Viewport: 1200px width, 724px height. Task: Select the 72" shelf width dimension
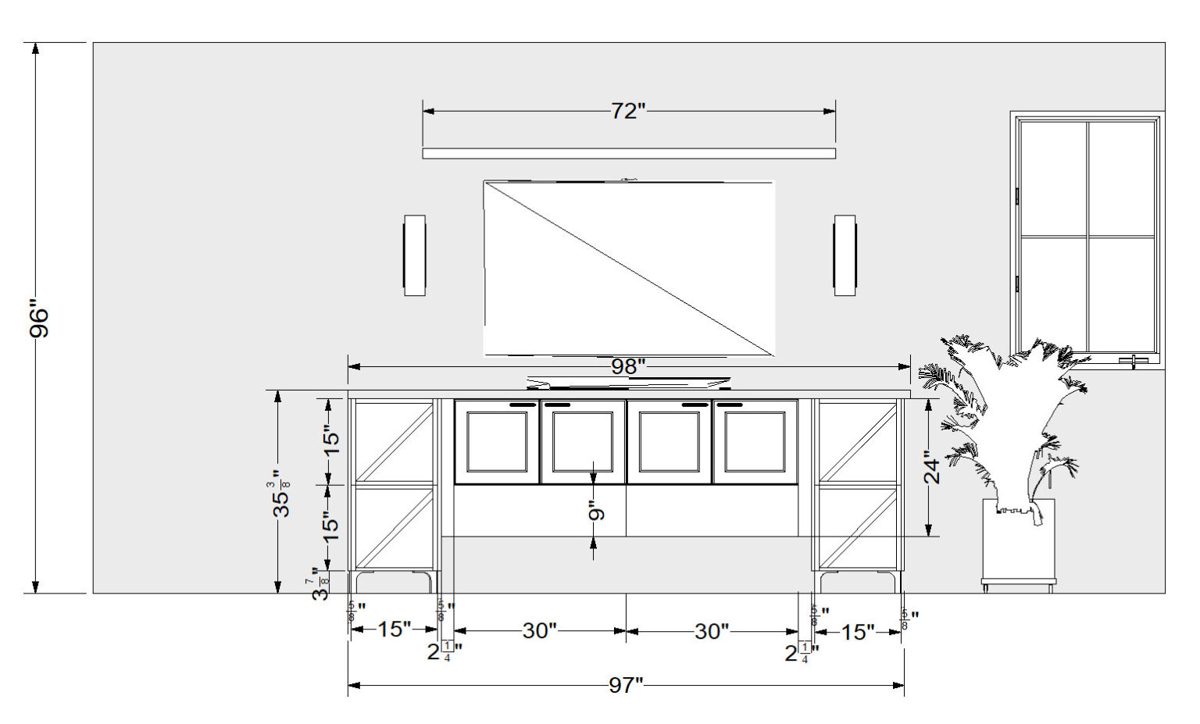pos(628,112)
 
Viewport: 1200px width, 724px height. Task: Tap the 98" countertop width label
pos(628,366)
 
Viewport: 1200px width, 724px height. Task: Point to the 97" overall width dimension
pos(626,686)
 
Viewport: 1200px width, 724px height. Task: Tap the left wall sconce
pos(415,255)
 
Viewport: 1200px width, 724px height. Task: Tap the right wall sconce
pos(845,255)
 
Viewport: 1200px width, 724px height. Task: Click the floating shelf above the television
pos(629,153)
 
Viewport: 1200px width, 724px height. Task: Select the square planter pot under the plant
pos(1019,543)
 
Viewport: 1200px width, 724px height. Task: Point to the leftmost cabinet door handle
pos(523,405)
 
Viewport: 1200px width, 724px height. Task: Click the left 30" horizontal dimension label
pos(539,631)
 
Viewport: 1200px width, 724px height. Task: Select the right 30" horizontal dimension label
pos(712,631)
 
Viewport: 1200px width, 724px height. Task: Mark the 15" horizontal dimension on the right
pos(858,632)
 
